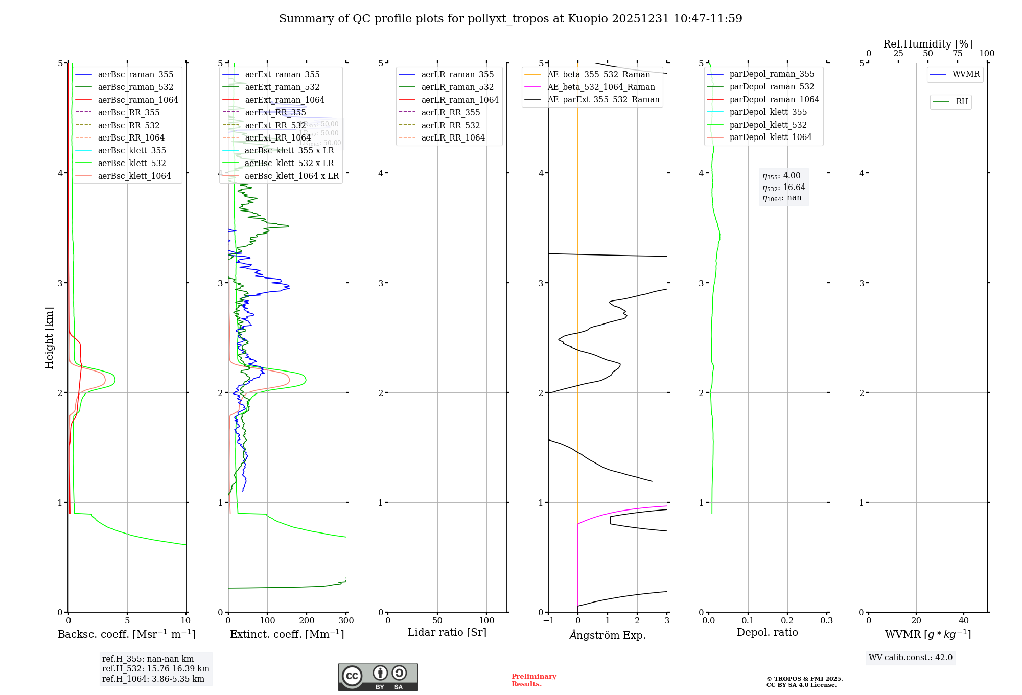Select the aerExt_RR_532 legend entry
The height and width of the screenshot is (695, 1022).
coord(275,125)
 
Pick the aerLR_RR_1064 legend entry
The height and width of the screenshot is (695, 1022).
coord(453,137)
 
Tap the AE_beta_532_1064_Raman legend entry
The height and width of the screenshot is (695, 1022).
coord(601,87)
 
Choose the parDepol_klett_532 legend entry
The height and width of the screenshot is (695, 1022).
coord(768,125)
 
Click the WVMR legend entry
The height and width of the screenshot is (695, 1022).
coord(966,74)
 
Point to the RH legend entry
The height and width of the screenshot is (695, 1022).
coord(962,102)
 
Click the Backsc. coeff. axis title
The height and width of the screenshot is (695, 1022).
coord(127,634)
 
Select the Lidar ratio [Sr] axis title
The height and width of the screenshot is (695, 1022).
coord(447,632)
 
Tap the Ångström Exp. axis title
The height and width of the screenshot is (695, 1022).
coord(608,635)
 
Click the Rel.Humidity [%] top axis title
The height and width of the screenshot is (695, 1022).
coord(927,44)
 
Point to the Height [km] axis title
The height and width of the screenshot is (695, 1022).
coord(49,338)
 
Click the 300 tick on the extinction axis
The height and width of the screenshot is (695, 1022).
coord(346,621)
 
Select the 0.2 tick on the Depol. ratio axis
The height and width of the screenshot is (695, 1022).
coord(787,621)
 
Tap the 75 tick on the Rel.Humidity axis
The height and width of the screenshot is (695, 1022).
coord(957,54)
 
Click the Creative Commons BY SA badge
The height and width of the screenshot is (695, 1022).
coord(378,677)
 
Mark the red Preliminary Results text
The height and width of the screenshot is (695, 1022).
coord(533,680)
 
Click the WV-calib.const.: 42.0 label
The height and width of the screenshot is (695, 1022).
coord(911,658)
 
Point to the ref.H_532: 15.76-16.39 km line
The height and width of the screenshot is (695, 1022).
coord(155,669)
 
